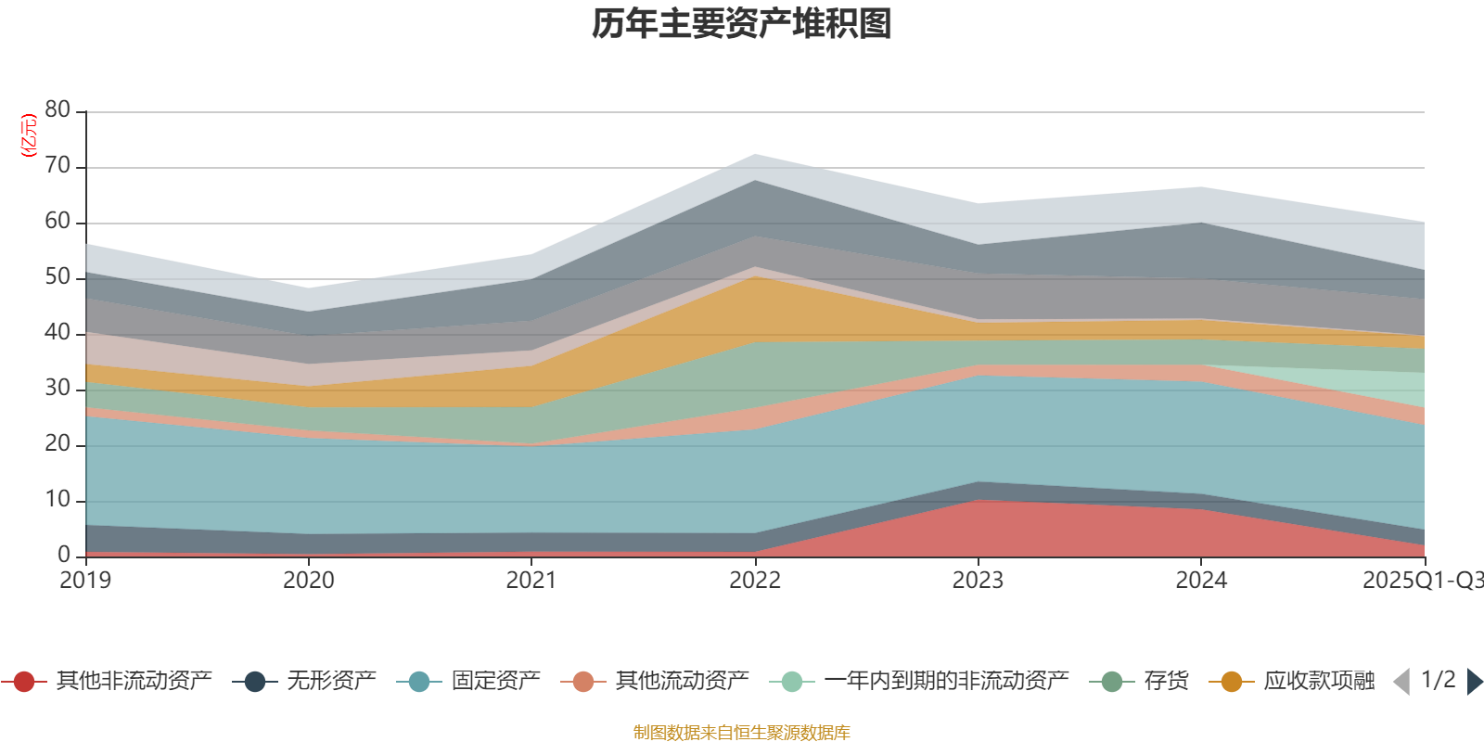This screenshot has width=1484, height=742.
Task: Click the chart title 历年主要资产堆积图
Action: pos(742,24)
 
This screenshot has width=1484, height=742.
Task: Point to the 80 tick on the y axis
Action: pos(58,110)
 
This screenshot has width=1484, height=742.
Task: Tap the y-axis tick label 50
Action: pos(58,277)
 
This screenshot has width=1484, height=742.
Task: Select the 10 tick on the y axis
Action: pos(58,500)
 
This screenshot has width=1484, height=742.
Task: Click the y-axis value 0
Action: pos(63,555)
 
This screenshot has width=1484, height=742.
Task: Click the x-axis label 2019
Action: pos(85,581)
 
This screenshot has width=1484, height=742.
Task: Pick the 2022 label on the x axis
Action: pos(754,581)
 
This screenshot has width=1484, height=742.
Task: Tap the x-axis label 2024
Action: pos(1201,581)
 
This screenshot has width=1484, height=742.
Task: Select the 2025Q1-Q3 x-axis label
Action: pos(1422,581)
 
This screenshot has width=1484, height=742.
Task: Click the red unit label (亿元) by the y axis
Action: pos(29,135)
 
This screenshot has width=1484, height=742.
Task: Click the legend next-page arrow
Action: pos(1474,682)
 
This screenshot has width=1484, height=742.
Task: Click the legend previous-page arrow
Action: pos(1401,682)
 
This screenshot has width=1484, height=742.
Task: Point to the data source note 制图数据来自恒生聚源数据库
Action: pos(742,733)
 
